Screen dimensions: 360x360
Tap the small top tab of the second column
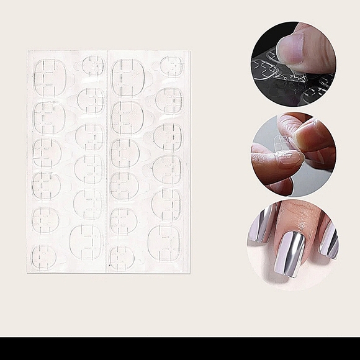click(93, 65)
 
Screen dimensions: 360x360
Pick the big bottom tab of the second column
click(86, 241)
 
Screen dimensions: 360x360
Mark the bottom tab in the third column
click(122, 257)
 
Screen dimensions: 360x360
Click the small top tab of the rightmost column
click(171, 65)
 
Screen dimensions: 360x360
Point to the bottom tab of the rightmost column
click(164, 241)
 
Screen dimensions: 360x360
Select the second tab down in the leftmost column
click(48, 116)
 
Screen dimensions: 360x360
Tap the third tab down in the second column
click(90, 136)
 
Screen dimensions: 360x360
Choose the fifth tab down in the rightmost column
click(166, 203)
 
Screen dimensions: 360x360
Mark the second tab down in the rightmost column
click(169, 100)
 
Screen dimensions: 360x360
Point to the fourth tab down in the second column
click(89, 168)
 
